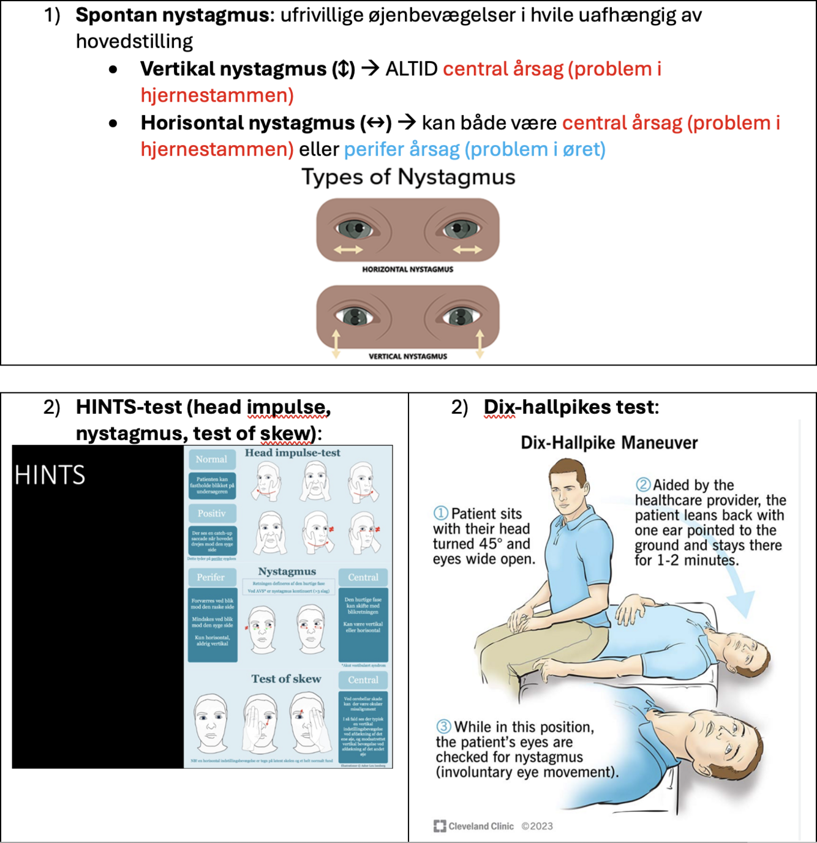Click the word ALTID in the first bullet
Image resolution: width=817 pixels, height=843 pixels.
[x=411, y=69]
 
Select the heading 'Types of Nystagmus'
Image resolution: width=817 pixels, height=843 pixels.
[x=408, y=177]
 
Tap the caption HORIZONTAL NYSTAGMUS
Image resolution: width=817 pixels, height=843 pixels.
[x=407, y=269]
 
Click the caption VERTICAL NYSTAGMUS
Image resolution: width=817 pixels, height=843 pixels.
[x=407, y=356]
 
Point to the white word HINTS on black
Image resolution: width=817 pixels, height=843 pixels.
[x=50, y=476]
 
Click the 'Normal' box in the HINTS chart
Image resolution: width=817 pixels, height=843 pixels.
[x=211, y=459]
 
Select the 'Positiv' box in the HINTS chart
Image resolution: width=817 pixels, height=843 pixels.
[x=211, y=514]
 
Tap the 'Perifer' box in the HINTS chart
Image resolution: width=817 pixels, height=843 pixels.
[x=211, y=577]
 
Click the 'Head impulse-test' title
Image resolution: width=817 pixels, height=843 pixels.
[x=292, y=453]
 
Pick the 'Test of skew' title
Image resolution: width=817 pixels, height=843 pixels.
[x=286, y=679]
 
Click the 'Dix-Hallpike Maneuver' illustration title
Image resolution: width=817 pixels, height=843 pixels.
[x=609, y=443]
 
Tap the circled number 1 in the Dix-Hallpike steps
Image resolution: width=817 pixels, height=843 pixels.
[x=440, y=513]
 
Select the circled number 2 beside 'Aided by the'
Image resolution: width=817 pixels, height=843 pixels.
[x=643, y=485]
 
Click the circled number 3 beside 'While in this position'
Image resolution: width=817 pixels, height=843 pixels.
[x=443, y=727]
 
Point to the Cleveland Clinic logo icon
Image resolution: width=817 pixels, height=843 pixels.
[x=440, y=826]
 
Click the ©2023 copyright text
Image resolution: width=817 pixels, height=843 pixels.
[x=537, y=826]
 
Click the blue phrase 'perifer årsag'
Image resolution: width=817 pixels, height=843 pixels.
[x=402, y=149]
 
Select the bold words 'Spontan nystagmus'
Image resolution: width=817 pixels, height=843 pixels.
[x=172, y=15]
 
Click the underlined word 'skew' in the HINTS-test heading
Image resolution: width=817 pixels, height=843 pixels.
[x=285, y=433]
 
